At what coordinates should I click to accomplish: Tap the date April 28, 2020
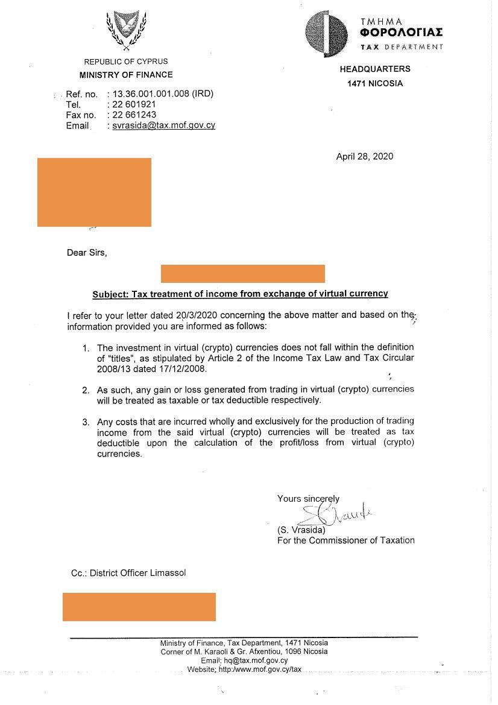(364, 157)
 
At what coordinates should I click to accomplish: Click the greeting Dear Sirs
(87, 253)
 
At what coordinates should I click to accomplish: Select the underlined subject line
(240, 294)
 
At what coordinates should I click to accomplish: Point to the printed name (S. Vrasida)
(301, 530)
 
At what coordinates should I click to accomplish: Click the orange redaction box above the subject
(242, 273)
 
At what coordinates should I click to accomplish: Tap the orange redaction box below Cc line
(139, 607)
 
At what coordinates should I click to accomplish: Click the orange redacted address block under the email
(94, 192)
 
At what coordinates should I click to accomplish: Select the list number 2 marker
(86, 390)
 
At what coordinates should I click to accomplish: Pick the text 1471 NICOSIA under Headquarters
(374, 84)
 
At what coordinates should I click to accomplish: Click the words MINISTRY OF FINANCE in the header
(126, 75)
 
